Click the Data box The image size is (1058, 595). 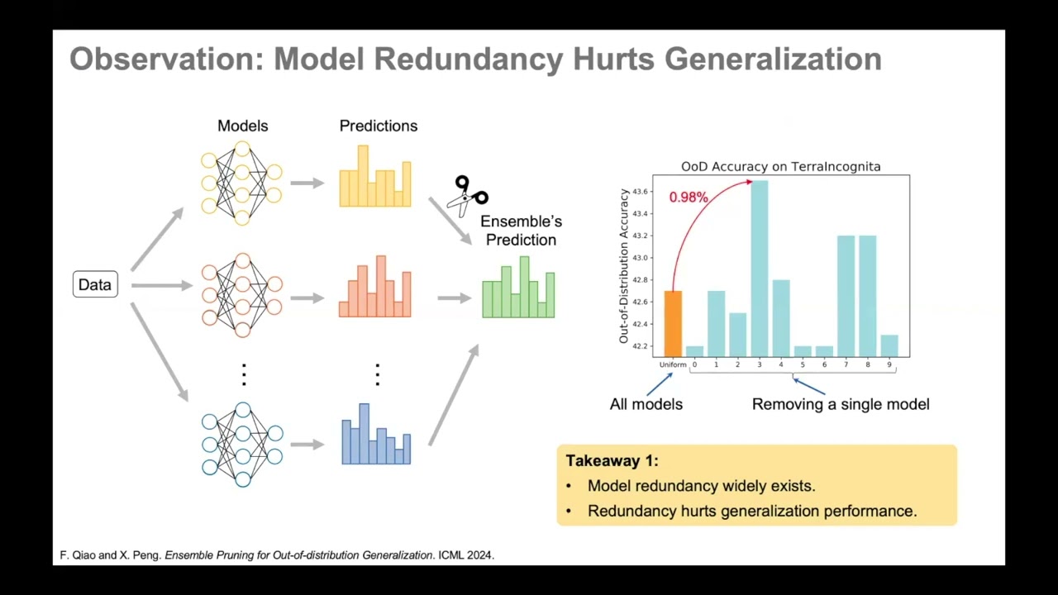point(95,284)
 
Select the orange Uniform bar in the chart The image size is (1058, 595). point(673,323)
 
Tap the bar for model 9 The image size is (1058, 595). point(889,345)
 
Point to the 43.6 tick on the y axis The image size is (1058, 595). point(641,192)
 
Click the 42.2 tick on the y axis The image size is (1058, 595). point(641,345)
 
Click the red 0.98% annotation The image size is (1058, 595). point(689,198)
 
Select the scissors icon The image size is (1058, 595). point(469,195)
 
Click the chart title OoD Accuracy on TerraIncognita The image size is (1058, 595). point(780,166)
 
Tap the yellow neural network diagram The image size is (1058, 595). point(241,183)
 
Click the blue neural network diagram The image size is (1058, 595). point(242,445)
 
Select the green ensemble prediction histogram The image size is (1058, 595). point(518,288)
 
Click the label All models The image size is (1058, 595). point(646,404)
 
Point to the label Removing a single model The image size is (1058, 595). point(840,404)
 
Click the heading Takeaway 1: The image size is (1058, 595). point(612,461)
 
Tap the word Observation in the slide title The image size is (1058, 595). point(166,59)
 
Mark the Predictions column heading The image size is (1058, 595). point(378,126)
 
